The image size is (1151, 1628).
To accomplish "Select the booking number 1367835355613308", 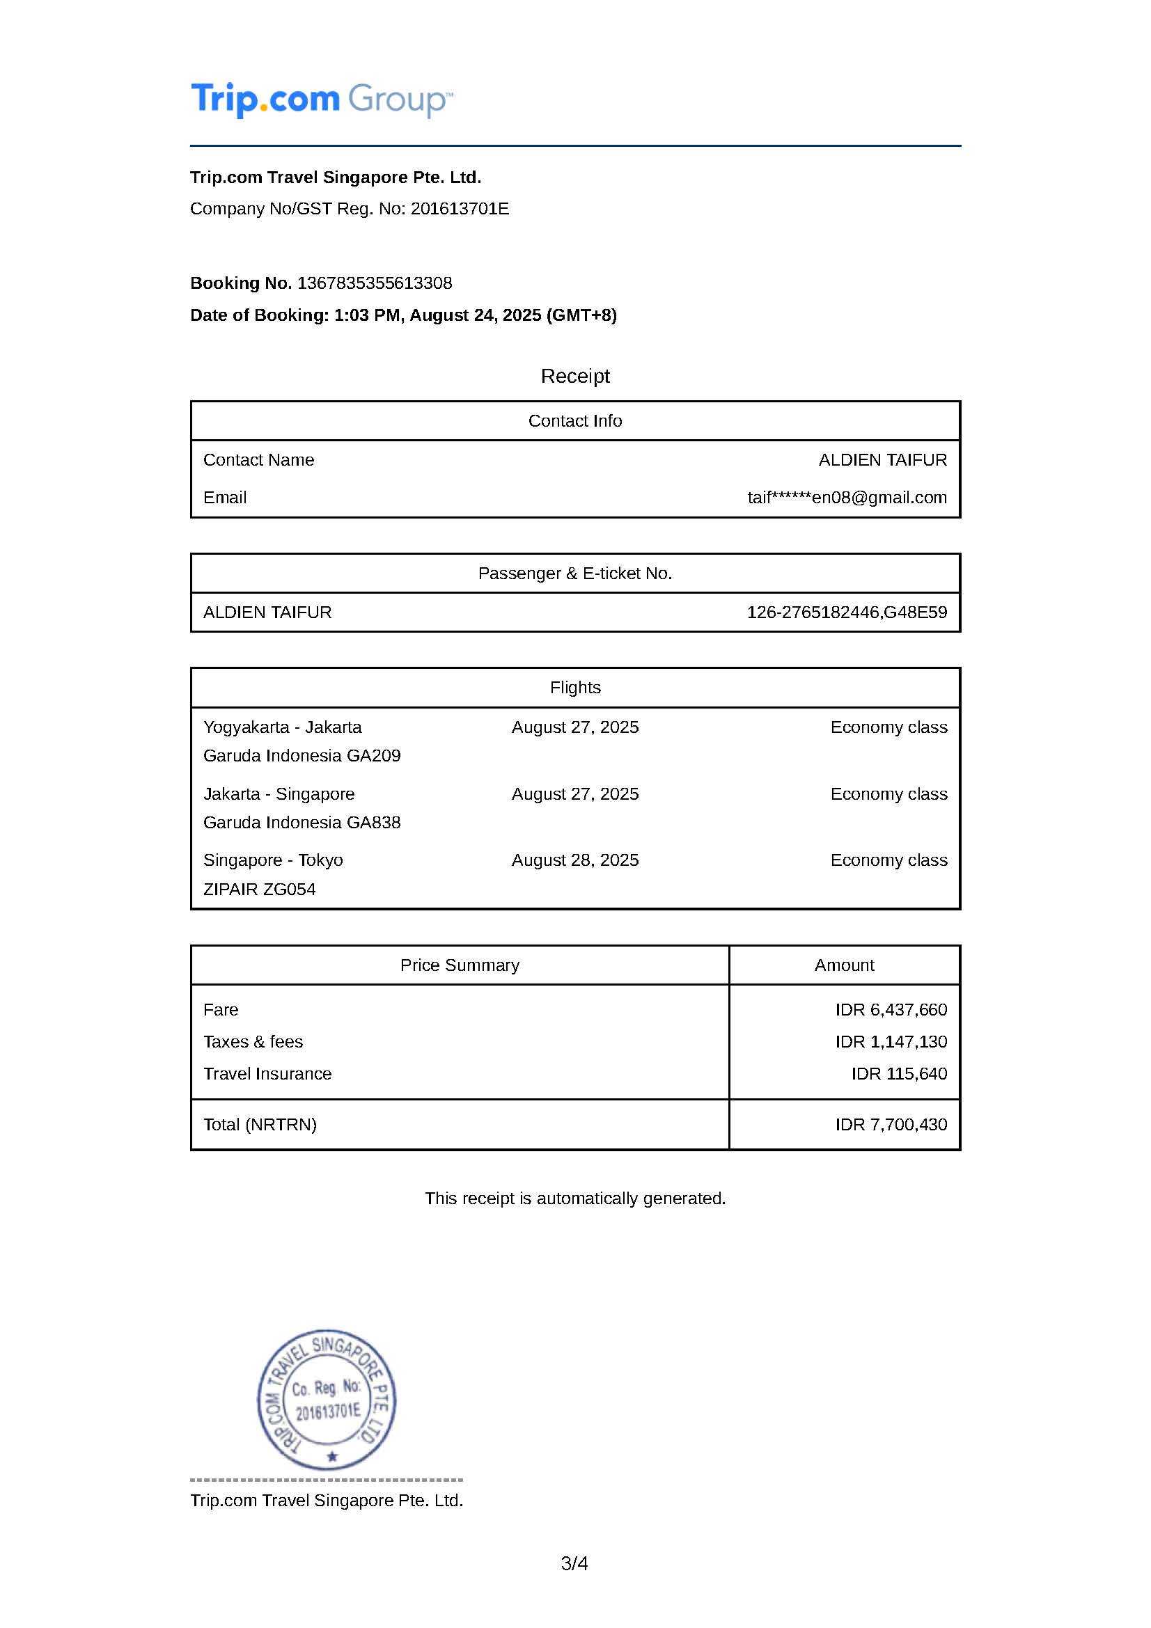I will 375,283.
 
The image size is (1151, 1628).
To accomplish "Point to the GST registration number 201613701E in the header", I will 460,209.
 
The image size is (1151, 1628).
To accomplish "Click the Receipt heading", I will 574,376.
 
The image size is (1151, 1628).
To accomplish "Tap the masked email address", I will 847,498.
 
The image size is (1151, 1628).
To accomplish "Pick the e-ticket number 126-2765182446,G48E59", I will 847,612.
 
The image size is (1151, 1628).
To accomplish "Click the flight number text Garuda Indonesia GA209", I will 302,756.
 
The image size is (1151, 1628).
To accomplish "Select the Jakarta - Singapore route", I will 279,793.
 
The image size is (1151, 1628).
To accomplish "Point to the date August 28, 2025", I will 575,860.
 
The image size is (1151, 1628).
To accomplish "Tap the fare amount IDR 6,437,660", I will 891,1010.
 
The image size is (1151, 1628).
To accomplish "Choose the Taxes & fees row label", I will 253,1042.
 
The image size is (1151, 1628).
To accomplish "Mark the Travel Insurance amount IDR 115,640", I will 899,1073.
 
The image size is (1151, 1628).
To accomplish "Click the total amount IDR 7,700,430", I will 891,1125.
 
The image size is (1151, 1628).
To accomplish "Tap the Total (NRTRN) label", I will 260,1125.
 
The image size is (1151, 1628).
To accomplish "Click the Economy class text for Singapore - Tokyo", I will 888,860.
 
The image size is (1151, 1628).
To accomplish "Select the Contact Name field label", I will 259,460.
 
